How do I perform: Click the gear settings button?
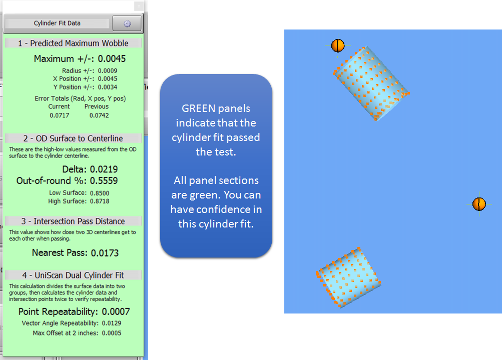[x=127, y=23]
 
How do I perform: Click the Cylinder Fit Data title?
[x=57, y=23]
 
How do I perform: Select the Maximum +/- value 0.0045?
[x=112, y=59]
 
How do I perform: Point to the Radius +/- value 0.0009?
[x=108, y=70]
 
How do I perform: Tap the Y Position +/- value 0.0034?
[x=108, y=87]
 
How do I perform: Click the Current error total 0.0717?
[x=59, y=115]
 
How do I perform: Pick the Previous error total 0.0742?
[x=99, y=115]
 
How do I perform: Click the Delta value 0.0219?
[x=104, y=169]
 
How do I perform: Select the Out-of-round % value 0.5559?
[x=104, y=180]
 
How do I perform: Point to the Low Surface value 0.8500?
[x=100, y=193]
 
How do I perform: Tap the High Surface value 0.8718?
[x=100, y=201]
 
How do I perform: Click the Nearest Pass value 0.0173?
[x=105, y=253]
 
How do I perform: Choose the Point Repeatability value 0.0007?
[x=116, y=311]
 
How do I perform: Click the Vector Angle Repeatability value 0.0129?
[x=112, y=323]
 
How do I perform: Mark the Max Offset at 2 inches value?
[x=112, y=333]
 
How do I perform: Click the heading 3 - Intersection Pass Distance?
[x=73, y=221]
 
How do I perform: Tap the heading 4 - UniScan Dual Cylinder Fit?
[x=73, y=275]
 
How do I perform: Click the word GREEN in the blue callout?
[x=198, y=108]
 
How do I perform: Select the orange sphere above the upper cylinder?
[x=338, y=45]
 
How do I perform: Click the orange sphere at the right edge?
[x=479, y=204]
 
